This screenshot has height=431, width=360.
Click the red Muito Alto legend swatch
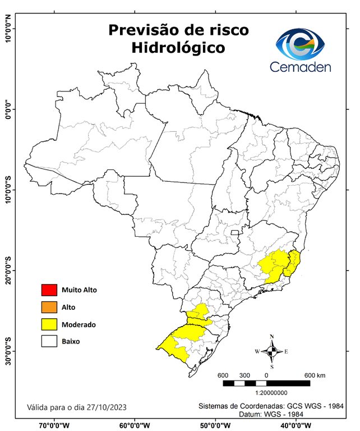click(x=49, y=290)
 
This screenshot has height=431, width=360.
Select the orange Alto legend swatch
click(x=49, y=307)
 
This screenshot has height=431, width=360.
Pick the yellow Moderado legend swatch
click(x=49, y=324)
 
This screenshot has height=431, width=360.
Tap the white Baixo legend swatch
click(x=49, y=341)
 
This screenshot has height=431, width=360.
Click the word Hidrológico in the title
click(x=178, y=48)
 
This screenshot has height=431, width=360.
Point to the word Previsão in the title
click(x=145, y=30)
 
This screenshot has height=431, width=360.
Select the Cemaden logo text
click(x=301, y=67)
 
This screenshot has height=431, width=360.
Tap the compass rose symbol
click(x=271, y=351)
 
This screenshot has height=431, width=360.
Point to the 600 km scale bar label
click(x=318, y=375)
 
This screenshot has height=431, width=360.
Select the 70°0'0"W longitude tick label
click(x=54, y=425)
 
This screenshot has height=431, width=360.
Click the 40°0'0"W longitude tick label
click(x=298, y=425)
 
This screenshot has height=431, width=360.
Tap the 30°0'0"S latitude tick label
click(x=8, y=351)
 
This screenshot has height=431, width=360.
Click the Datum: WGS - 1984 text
click(x=271, y=414)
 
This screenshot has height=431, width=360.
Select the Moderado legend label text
click(x=79, y=324)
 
